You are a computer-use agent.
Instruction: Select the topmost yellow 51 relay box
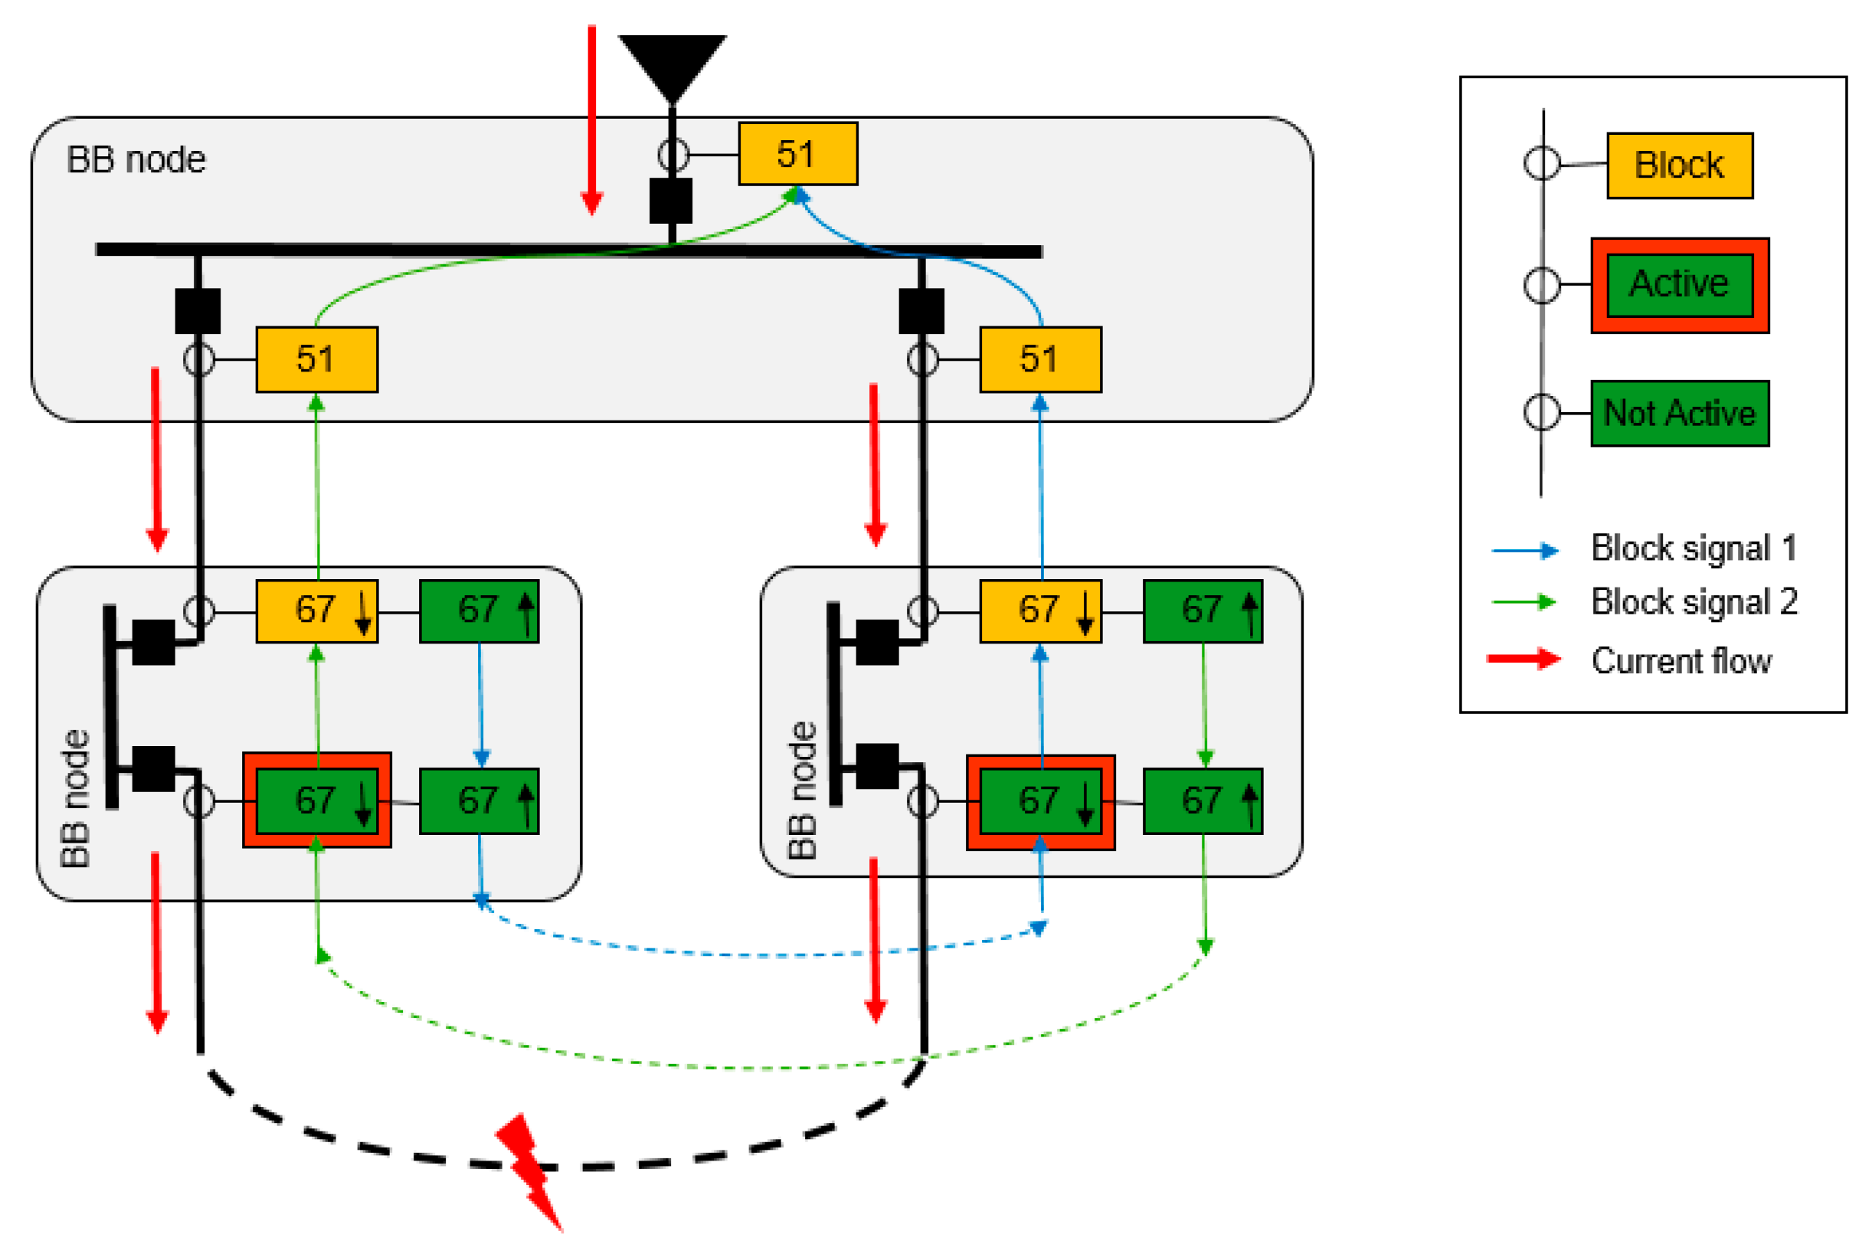coord(797,154)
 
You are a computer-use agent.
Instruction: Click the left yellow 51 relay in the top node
coord(316,359)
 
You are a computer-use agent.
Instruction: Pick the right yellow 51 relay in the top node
coord(1039,359)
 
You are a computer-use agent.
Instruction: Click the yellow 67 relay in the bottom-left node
coord(316,611)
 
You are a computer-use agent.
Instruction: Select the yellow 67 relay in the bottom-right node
coord(1039,611)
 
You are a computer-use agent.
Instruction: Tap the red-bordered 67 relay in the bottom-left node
coord(316,801)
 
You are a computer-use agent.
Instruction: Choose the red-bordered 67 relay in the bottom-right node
coord(1039,802)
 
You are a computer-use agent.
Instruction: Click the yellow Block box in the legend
coord(1678,165)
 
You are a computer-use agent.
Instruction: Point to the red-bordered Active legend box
coord(1678,285)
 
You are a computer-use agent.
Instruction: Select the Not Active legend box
coord(1678,414)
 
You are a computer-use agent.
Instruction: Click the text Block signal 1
coord(1693,548)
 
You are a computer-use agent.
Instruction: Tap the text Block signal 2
coord(1693,601)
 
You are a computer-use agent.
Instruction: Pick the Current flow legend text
coord(1680,660)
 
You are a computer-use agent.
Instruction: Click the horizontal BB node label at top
coord(136,160)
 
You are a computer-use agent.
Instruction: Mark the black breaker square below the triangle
coord(670,201)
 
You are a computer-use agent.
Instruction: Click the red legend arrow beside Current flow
coord(1523,659)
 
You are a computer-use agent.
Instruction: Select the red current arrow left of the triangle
coord(592,120)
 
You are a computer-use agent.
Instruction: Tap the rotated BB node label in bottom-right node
coord(802,790)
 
